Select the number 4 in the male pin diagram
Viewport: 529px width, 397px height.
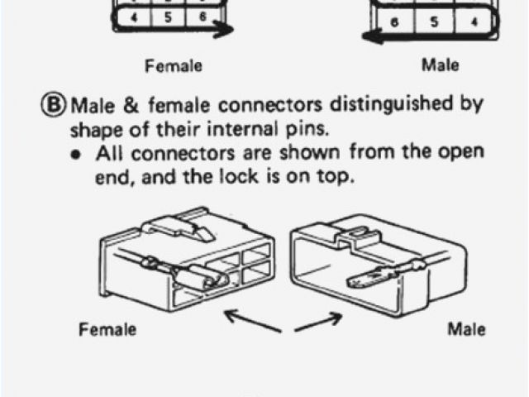click(x=473, y=22)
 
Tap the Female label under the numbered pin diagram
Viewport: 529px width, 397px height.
click(x=174, y=65)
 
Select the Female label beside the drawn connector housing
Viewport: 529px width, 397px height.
click(x=108, y=330)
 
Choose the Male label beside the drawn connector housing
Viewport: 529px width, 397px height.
click(x=466, y=329)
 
